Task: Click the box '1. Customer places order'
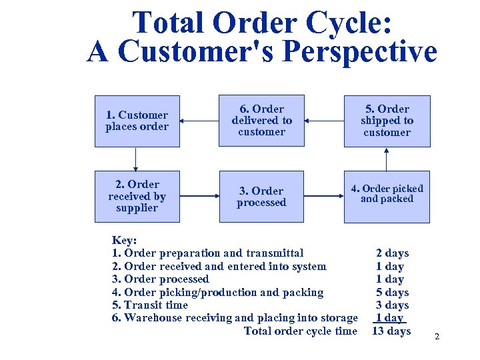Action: click(137, 121)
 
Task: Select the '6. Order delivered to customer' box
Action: click(262, 121)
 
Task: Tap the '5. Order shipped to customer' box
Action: click(387, 121)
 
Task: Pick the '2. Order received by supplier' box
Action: click(137, 197)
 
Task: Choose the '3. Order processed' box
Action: click(262, 197)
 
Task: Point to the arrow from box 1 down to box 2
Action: click(137, 159)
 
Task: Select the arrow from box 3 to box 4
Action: click(324, 197)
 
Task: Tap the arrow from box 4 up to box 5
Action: click(387, 159)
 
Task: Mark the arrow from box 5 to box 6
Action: click(324, 121)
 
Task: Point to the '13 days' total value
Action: click(391, 331)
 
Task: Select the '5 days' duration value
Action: click(393, 292)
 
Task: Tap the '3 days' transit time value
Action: click(393, 305)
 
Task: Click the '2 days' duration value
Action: click(393, 253)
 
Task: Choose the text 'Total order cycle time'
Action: click(301, 331)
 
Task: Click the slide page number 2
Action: click(437, 337)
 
